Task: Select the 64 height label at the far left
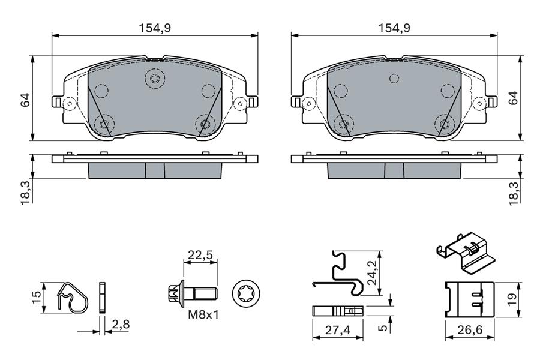coord(25,100)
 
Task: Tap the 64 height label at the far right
coord(513,98)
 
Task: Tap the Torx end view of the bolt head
coord(247,294)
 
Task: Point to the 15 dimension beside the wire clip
coord(35,295)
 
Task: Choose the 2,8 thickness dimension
coord(121,325)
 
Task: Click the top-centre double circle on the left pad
coord(155,78)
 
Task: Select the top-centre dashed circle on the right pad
coord(394,78)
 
